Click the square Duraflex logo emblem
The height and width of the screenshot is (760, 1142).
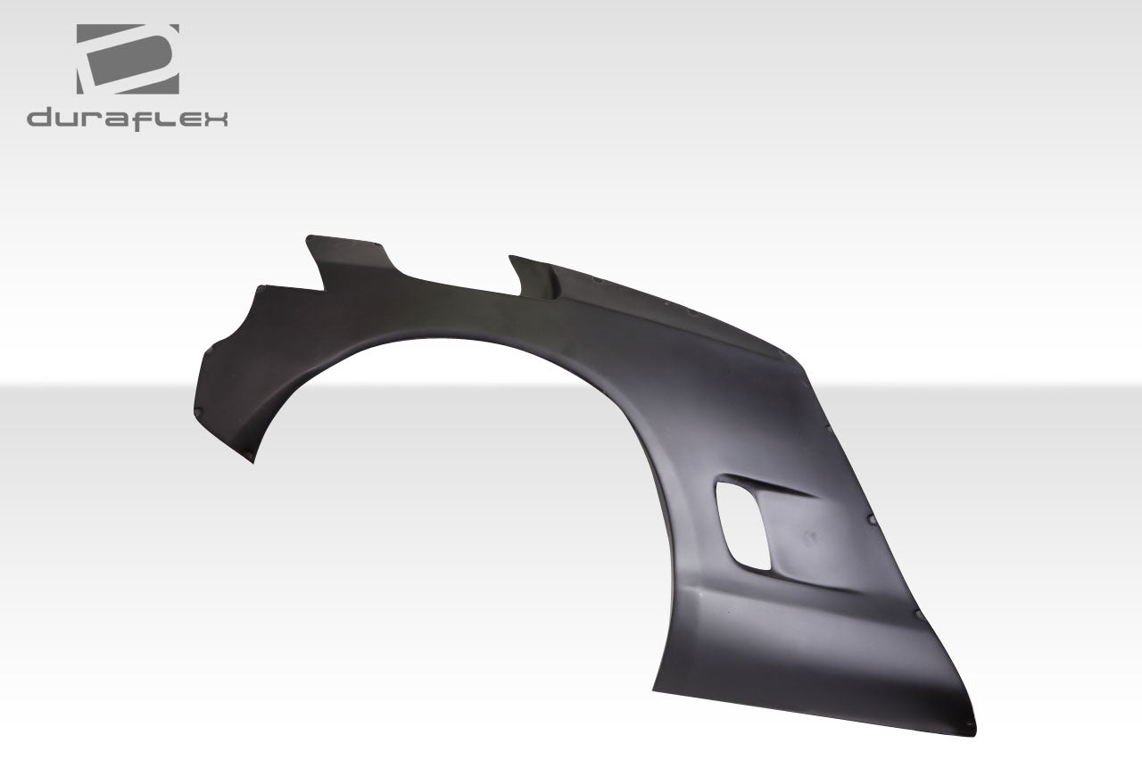pyautogui.click(x=128, y=59)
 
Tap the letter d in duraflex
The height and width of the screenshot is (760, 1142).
pyautogui.click(x=37, y=118)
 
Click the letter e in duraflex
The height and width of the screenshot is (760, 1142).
pyautogui.click(x=190, y=119)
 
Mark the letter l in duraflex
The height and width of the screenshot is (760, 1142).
pyautogui.click(x=169, y=118)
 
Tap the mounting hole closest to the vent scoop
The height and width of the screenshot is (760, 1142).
pyautogui.click(x=869, y=516)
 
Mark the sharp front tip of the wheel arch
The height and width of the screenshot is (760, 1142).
pyautogui.click(x=253, y=458)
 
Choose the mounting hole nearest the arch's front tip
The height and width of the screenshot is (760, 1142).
pyautogui.click(x=198, y=410)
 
